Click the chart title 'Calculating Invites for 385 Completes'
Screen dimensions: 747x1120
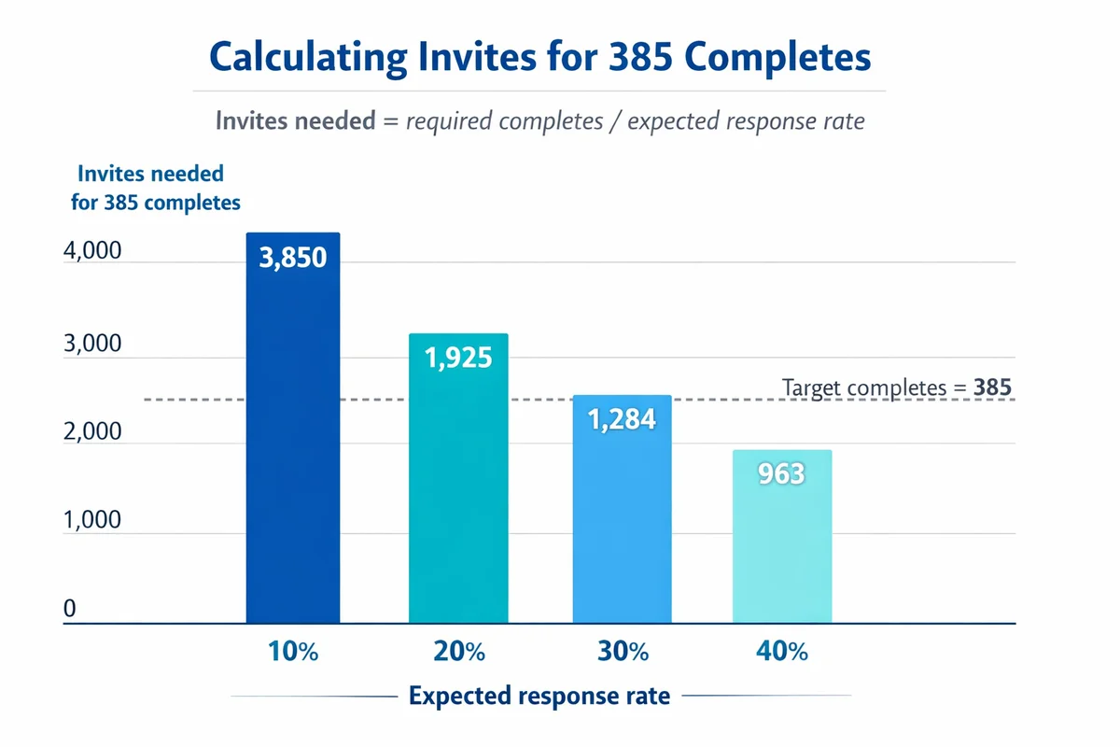coord(540,57)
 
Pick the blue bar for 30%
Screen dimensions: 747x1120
coord(622,523)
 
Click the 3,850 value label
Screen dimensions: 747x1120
coord(292,258)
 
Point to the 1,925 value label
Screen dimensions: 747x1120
coord(458,358)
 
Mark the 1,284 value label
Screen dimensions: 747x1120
coord(622,419)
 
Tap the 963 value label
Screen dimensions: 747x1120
coord(781,474)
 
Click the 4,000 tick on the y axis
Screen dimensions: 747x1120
coord(92,252)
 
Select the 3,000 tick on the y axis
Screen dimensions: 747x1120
coord(92,344)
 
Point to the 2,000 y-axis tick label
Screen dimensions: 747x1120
coord(92,431)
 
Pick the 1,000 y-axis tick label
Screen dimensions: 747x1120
coord(92,520)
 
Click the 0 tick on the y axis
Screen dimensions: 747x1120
coord(69,610)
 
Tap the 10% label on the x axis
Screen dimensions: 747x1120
coord(293,652)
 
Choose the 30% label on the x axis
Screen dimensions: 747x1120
coord(623,652)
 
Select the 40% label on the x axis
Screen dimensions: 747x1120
coord(782,652)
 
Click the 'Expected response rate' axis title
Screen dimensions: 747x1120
coord(539,697)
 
